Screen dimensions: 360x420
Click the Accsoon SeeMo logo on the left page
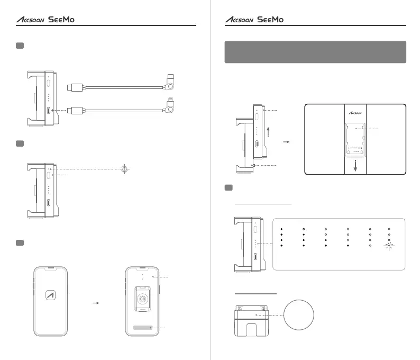point(45,20)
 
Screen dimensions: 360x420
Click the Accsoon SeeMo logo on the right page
point(255,20)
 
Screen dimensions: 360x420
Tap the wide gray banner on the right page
point(315,52)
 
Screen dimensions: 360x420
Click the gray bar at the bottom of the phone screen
point(142,328)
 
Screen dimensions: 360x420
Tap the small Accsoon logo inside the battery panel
point(355,113)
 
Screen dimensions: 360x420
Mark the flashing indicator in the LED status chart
point(389,246)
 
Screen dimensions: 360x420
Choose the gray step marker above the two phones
point(20,242)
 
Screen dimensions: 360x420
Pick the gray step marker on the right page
point(229,188)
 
